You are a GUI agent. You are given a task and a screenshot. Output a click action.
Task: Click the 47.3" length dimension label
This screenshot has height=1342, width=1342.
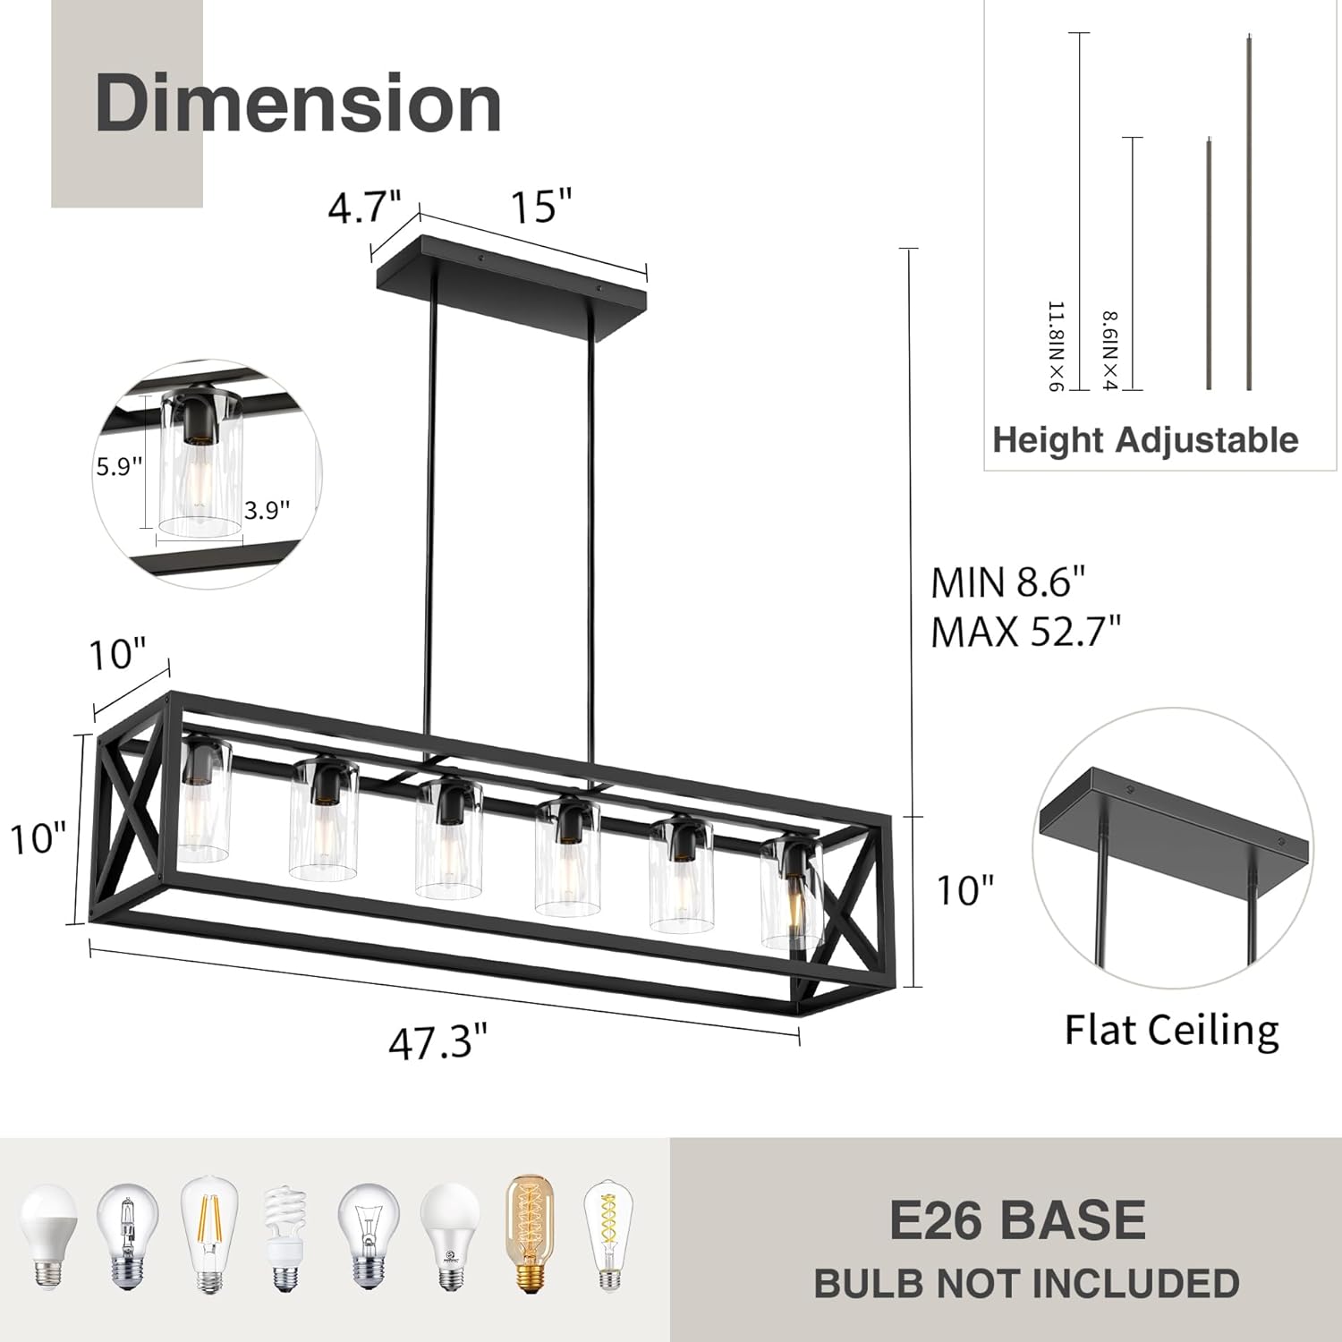point(437,1043)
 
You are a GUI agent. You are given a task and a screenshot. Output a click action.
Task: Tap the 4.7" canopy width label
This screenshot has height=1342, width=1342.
point(363,208)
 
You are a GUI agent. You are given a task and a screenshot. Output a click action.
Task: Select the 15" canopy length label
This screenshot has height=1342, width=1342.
point(540,207)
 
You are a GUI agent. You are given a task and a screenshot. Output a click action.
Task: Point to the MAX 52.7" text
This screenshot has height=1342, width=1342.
point(1025,633)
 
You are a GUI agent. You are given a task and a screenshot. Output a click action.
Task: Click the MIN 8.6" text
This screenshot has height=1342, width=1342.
point(1007,583)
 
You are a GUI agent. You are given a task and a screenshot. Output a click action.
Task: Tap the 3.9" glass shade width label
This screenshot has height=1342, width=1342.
point(267,510)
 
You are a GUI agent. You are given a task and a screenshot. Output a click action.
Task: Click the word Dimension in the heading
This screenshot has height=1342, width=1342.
point(297,104)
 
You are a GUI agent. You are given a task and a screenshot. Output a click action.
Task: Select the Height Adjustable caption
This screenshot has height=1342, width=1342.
point(1145,440)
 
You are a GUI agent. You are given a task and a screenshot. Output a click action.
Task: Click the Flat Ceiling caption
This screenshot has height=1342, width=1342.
point(1171,1030)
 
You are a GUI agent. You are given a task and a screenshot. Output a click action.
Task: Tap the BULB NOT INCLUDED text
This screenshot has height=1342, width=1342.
point(1026,1283)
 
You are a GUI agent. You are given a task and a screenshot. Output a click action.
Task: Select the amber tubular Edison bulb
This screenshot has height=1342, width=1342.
point(524,1234)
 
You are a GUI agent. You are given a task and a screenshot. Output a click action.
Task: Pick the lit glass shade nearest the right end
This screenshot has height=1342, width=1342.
point(791,895)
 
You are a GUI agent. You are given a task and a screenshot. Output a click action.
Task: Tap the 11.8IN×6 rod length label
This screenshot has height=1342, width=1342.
point(1057,347)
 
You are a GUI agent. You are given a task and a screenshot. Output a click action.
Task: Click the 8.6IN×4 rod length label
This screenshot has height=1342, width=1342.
point(1109,351)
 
